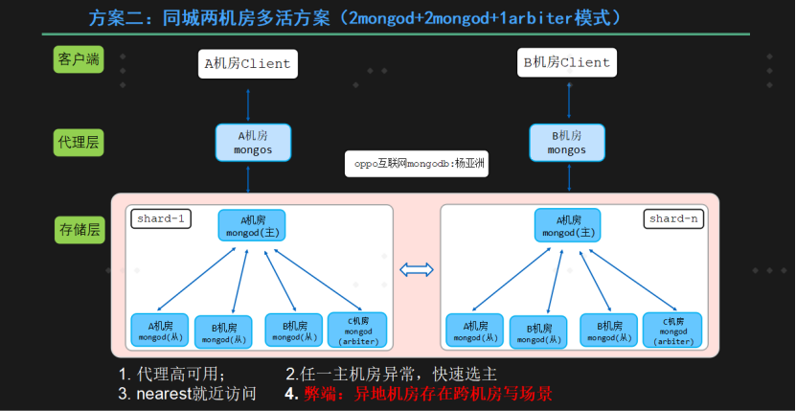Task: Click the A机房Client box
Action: tap(248, 63)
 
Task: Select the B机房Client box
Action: tap(566, 62)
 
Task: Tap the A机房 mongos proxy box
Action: tap(253, 143)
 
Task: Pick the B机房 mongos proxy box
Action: tap(567, 143)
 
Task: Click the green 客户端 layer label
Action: tap(79, 59)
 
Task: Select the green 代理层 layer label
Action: tap(79, 142)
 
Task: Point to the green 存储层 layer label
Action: tap(80, 230)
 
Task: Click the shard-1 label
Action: tap(161, 219)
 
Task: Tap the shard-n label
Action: tap(673, 219)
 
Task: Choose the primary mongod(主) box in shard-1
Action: tap(252, 225)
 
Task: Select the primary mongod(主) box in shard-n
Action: tap(568, 225)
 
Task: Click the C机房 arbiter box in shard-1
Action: tap(357, 331)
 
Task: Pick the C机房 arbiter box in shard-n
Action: tap(672, 331)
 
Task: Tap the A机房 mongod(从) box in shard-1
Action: tap(159, 331)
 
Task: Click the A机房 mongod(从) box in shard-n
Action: tap(475, 331)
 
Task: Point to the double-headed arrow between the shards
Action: tap(417, 270)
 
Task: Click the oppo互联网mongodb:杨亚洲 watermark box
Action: tap(417, 164)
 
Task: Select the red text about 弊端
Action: tap(428, 394)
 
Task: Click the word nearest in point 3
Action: tap(163, 394)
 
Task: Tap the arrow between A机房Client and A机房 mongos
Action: tap(248, 105)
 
